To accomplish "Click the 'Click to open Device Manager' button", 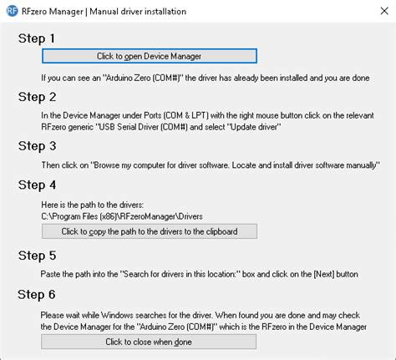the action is coord(150,56).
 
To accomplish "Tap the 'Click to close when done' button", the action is coord(149,342).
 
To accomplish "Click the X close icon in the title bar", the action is coord(384,11).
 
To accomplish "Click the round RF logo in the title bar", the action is coord(12,11).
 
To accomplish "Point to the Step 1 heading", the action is coord(37,38).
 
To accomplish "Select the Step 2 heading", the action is coord(38,97).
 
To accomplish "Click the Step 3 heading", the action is coord(38,146).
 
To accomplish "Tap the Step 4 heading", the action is coord(38,185).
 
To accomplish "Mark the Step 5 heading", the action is coord(38,256).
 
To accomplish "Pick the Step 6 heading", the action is coord(37,295).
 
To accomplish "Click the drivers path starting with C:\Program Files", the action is coord(122,216).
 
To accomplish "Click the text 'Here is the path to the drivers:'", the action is coord(93,205).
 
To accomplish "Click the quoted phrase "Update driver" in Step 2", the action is coord(254,127).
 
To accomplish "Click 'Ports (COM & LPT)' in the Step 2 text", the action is coord(177,115).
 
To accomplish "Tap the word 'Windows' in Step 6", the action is coord(117,315).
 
